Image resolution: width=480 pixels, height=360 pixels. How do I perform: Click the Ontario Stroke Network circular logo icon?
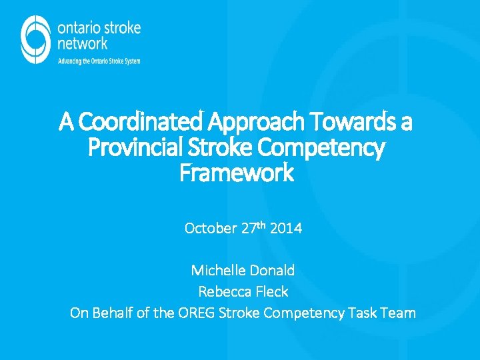tap(35, 39)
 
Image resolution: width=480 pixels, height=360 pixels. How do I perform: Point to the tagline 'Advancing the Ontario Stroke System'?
tap(99, 61)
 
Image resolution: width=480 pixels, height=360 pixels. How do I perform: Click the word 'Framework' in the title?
tap(237, 173)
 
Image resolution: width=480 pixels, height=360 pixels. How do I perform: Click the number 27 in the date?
tap(249, 229)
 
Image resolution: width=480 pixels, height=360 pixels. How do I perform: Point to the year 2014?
tap(286, 229)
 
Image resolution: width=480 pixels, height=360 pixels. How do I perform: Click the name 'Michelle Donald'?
tap(243, 271)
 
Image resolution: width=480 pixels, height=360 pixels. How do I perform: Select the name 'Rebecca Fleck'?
tap(243, 291)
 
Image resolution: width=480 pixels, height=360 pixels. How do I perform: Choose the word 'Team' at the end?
tap(399, 313)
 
